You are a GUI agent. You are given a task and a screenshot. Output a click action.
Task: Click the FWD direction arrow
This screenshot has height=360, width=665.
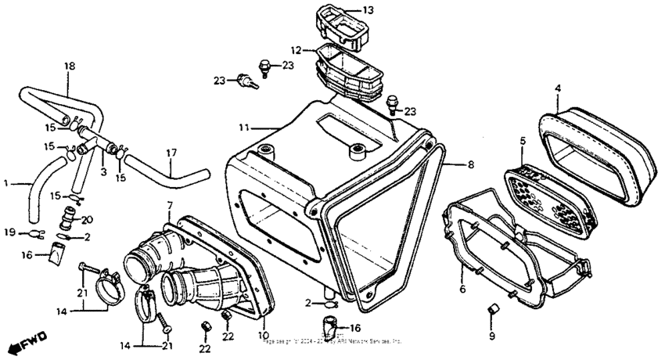coord(28,342)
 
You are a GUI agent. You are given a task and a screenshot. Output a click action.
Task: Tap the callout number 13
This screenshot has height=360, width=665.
coord(368,10)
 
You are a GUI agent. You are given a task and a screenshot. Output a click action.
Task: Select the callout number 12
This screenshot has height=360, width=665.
coord(297,50)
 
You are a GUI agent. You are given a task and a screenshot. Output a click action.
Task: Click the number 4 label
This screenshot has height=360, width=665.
coord(557,88)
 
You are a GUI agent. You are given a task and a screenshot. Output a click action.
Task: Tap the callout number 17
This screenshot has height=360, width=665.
coord(171,153)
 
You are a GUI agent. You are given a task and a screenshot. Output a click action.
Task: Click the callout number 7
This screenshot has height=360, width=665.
coord(169,206)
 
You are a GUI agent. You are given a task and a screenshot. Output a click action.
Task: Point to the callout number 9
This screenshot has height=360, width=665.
coord(492,337)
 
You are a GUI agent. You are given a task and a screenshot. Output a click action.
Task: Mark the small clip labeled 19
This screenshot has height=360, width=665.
coord(34,232)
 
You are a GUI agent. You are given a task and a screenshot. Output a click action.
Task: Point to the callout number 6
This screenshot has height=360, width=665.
coord(462,289)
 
